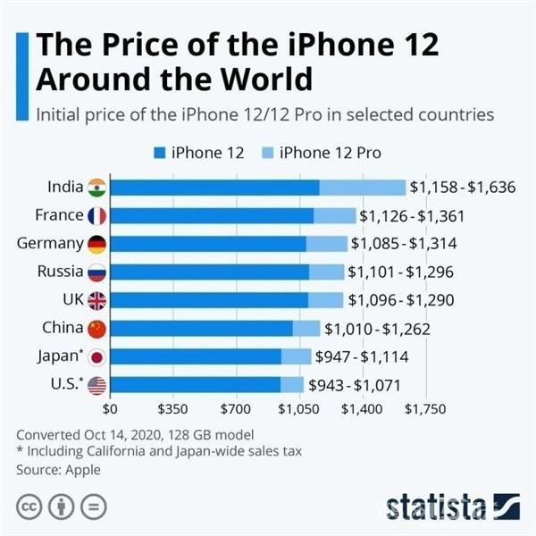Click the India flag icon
click(96, 187)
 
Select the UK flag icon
click(96, 300)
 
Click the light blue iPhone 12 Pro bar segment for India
click(362, 187)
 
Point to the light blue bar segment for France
click(334, 215)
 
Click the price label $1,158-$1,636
click(462, 188)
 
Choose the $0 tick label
click(111, 410)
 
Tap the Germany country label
click(50, 244)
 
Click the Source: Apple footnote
click(59, 469)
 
